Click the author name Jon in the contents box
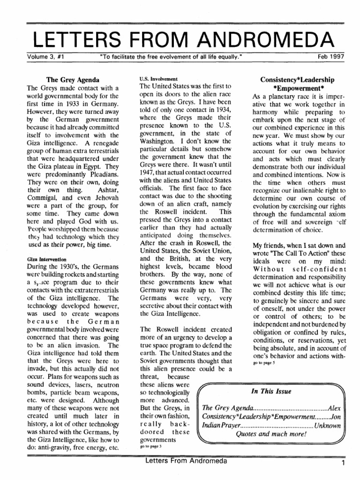click(x=335, y=416)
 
